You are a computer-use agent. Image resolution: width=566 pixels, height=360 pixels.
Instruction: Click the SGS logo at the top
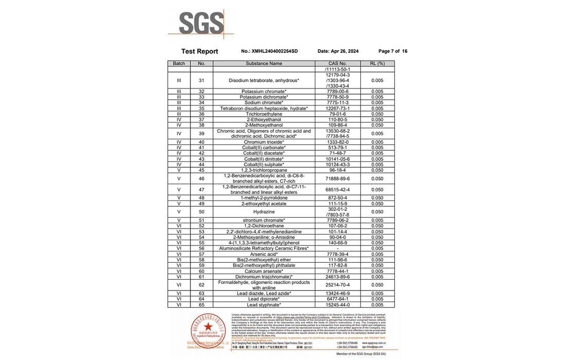point(202,24)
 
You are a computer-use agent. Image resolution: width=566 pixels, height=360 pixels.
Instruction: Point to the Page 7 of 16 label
point(393,51)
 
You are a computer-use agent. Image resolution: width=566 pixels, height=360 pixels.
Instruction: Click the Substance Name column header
point(263,64)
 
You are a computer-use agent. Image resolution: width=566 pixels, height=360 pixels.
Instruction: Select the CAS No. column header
point(337,64)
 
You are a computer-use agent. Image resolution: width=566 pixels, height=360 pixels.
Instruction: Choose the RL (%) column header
point(377,64)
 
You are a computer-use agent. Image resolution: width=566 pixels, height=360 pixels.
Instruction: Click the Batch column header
point(179,64)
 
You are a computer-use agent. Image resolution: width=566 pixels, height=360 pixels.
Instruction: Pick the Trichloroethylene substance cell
point(263,114)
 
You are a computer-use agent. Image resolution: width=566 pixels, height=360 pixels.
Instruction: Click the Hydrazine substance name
point(263,212)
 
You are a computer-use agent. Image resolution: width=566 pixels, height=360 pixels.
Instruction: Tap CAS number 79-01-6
point(337,114)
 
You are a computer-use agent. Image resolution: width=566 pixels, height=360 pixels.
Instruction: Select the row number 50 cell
point(201,212)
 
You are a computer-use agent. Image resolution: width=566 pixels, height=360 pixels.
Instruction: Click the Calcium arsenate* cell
point(263,271)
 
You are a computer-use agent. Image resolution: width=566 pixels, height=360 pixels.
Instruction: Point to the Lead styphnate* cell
point(263,305)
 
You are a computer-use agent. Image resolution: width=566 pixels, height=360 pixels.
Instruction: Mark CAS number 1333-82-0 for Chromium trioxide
point(337,142)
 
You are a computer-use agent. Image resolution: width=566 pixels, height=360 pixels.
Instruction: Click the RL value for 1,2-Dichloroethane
point(377,226)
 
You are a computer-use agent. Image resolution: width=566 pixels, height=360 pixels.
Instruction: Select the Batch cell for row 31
point(179,81)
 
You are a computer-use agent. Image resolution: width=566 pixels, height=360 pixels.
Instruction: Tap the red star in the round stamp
point(208,327)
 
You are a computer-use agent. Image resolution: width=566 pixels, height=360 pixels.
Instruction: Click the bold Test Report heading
point(200,51)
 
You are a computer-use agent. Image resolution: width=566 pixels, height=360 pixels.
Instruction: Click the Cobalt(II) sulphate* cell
point(263,165)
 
